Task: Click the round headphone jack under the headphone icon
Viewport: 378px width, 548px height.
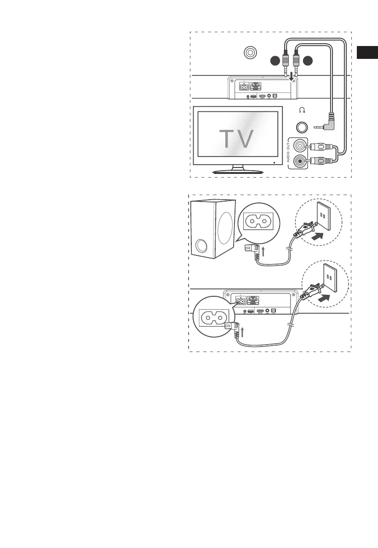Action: (x=302, y=127)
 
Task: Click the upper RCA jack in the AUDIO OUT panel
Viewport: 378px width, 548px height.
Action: (x=300, y=146)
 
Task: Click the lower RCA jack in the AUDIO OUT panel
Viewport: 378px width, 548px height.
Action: (x=300, y=161)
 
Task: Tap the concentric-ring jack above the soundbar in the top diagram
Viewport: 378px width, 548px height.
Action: (x=250, y=53)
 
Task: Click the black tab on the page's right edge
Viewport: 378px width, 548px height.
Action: (x=367, y=52)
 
